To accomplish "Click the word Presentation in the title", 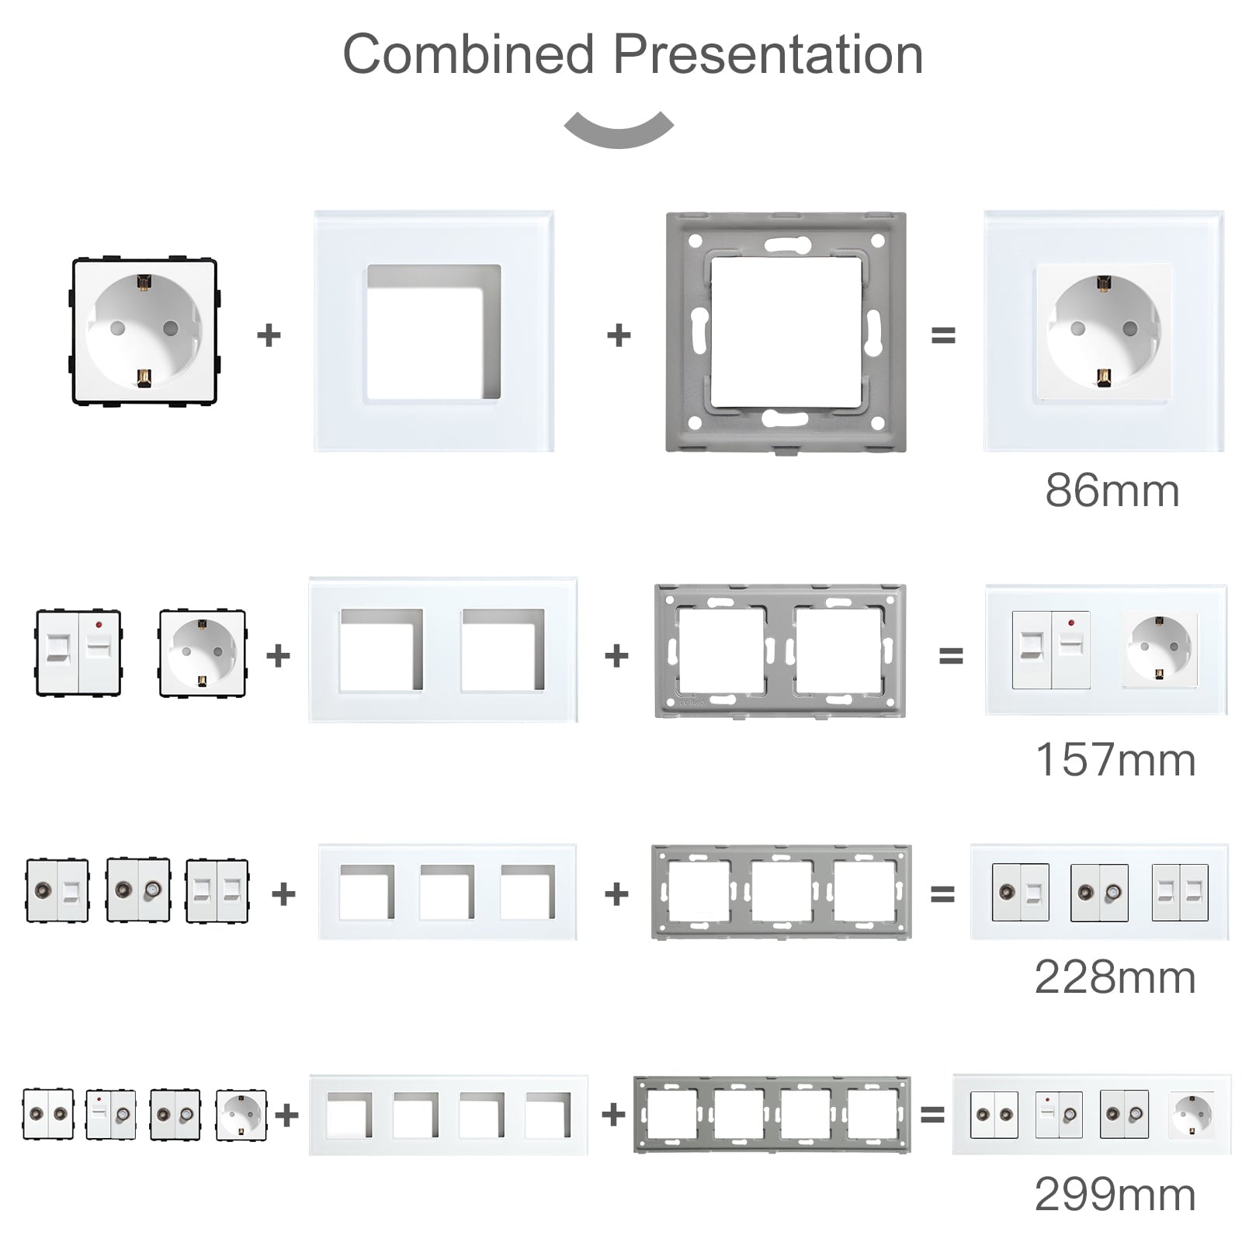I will [768, 54].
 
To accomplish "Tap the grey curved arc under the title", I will [619, 131].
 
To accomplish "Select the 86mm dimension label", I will [1112, 491].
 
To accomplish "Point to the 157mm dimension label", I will [1115, 759].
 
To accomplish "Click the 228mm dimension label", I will [1115, 977].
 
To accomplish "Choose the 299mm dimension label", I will [1115, 1194].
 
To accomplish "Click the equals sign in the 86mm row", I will [942, 335].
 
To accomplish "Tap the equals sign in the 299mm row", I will [931, 1115].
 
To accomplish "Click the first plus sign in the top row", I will [269, 335].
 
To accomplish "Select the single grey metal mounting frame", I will [786, 332].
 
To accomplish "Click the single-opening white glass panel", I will [434, 331].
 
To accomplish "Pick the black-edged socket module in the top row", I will [144, 331].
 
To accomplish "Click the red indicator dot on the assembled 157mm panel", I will [1070, 623].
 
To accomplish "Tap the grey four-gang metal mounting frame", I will [772, 1115].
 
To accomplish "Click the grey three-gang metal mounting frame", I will [781, 893].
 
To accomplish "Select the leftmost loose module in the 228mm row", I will [57, 890].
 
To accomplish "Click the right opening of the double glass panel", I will [502, 650].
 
